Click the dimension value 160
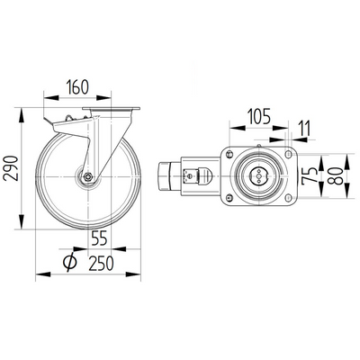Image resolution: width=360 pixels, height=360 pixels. coord(77,89)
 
